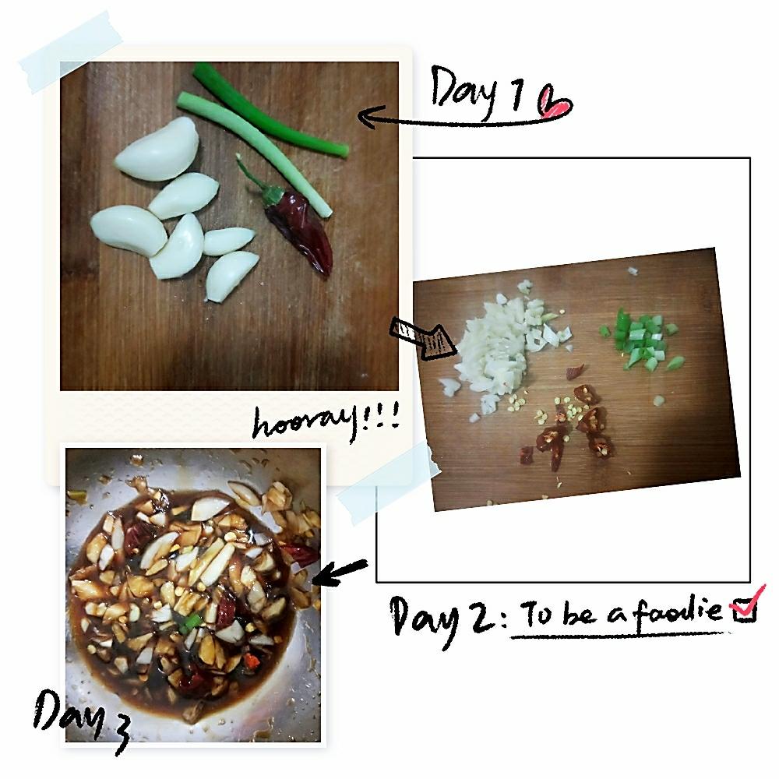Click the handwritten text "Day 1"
coord(477,92)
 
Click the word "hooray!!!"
coord(326,421)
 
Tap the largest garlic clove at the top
coord(158,149)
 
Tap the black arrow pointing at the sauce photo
coord(340,571)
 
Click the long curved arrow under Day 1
coord(462,122)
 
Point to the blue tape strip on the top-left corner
coord(71,52)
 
